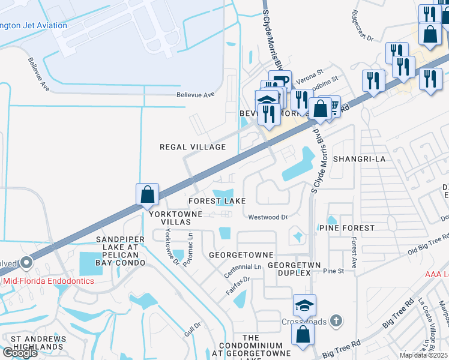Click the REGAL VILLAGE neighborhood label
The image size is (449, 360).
[x=192, y=147]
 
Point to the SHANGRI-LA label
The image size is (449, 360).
[x=358, y=159]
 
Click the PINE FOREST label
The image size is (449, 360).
[x=347, y=228]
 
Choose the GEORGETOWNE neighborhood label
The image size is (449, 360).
[x=241, y=255]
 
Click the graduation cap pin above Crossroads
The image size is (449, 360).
[x=305, y=307]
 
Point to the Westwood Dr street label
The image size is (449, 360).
[x=268, y=217]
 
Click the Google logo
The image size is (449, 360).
[x=20, y=353]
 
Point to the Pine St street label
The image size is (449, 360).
[x=333, y=271]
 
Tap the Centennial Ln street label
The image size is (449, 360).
[x=243, y=268]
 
